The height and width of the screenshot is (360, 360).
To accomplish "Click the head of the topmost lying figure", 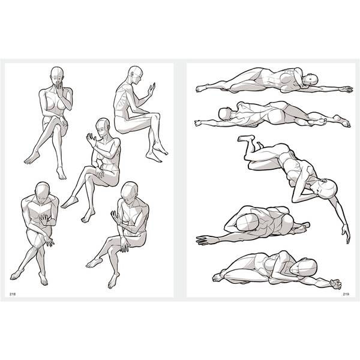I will [x=311, y=80].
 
